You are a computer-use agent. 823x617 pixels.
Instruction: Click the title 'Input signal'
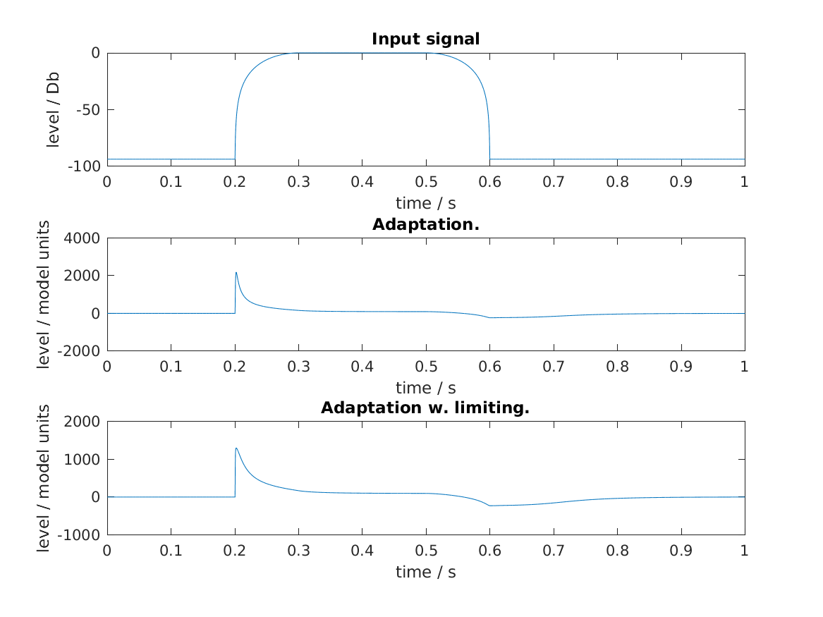click(425, 39)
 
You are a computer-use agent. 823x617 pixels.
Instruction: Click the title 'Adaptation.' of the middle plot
click(425, 224)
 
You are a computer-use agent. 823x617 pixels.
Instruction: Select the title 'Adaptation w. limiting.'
click(425, 408)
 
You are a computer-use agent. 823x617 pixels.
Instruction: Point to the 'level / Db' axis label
click(53, 109)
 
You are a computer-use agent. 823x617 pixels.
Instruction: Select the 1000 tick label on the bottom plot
click(83, 460)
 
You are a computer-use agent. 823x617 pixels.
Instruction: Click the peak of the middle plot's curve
click(236, 272)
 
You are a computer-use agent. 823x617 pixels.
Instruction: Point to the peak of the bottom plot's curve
click(236, 448)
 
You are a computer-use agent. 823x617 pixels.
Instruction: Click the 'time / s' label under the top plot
click(425, 204)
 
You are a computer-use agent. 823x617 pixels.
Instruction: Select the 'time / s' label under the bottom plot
click(425, 573)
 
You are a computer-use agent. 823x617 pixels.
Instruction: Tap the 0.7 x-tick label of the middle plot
click(554, 366)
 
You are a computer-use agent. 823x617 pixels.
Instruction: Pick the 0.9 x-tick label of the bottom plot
click(681, 550)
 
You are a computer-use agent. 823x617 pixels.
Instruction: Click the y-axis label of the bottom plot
click(44, 478)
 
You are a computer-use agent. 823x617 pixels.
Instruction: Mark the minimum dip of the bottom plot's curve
click(490, 506)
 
